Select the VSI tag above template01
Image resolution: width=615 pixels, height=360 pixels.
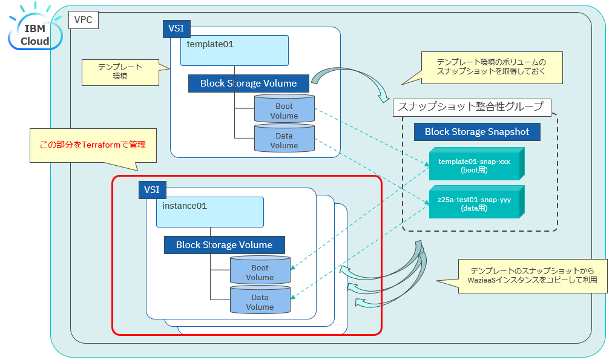pos(176,28)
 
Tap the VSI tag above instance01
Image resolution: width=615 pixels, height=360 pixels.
pos(152,189)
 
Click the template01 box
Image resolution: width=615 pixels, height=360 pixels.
pos(234,50)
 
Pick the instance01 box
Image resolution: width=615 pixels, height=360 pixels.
pos(209,212)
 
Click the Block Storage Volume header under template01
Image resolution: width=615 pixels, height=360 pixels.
pos(248,83)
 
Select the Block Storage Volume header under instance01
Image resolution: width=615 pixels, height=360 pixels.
pos(224,245)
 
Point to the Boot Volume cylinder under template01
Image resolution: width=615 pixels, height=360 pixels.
pos(284,109)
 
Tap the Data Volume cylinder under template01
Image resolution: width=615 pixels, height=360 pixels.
pos(284,139)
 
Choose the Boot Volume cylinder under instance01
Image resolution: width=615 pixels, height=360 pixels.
pos(260,270)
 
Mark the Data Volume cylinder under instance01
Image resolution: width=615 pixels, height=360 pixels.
pos(260,300)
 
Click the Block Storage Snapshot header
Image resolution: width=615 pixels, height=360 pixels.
pos(477,132)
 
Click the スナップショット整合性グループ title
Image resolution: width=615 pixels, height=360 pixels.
pos(470,107)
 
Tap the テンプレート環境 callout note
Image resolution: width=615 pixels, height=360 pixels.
pos(119,71)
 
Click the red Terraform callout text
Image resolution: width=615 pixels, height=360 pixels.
pos(93,145)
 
